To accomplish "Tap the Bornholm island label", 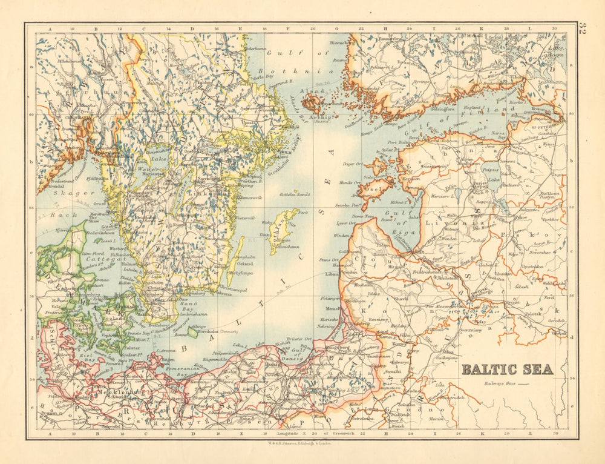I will pos(211,333).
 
